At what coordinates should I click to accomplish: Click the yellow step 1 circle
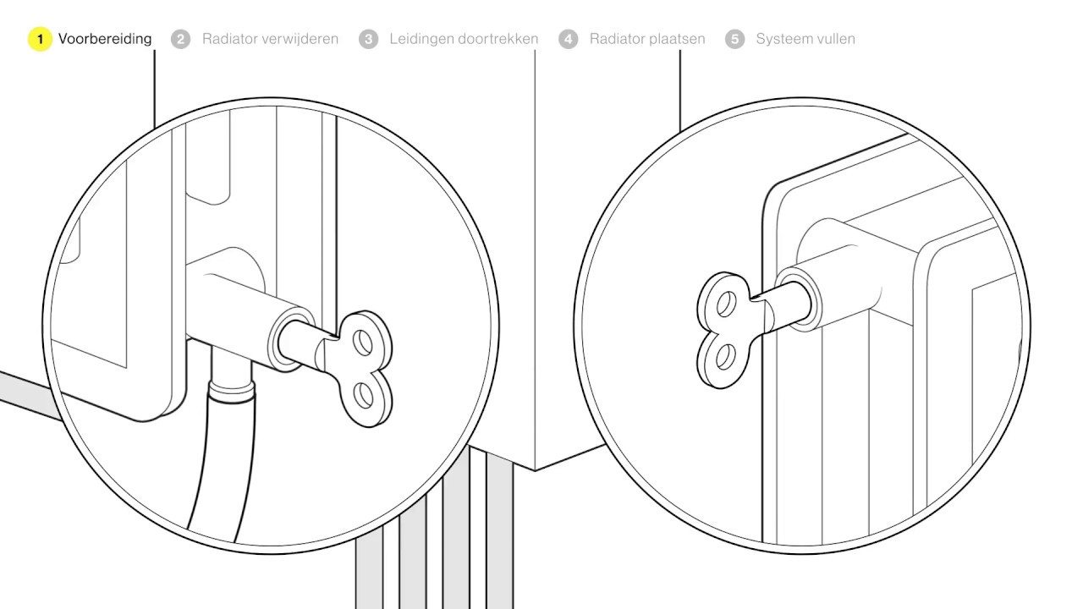tap(40, 39)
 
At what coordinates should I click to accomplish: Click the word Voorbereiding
tap(105, 39)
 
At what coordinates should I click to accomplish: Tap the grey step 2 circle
tap(180, 39)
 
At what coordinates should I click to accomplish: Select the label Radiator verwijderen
tap(270, 39)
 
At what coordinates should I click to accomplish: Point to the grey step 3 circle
tap(368, 39)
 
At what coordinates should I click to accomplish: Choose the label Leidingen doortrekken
tap(465, 39)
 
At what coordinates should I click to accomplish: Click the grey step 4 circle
tap(568, 39)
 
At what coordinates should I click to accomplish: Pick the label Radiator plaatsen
tap(647, 39)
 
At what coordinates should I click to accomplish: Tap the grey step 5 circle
tap(735, 39)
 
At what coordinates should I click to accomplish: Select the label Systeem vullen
tap(805, 39)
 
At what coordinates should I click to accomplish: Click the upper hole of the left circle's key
tap(363, 343)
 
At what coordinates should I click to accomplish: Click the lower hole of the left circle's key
tap(364, 395)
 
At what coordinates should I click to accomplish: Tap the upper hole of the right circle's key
tap(726, 304)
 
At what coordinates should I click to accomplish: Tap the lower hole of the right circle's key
tap(723, 357)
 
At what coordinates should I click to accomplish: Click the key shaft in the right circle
tap(784, 305)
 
